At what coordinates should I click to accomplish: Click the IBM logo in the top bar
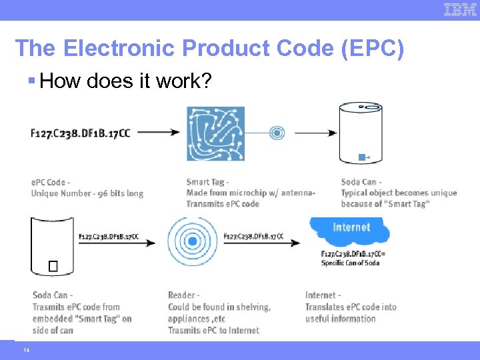tap(460, 9)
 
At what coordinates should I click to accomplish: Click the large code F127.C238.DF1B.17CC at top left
tap(81, 133)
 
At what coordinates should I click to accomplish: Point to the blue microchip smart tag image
tap(215, 133)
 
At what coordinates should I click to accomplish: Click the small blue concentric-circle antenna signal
tap(277, 133)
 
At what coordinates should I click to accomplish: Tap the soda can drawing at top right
tap(361, 133)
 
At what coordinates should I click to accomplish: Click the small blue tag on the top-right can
tap(362, 157)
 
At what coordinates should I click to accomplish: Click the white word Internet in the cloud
tap(351, 227)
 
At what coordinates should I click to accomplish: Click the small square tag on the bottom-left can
tap(53, 266)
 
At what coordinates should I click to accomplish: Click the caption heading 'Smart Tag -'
tap(207, 182)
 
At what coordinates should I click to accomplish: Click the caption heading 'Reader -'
tap(182, 295)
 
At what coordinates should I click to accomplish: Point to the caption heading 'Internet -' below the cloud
tap(323, 295)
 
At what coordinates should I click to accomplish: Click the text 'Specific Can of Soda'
tap(350, 263)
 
